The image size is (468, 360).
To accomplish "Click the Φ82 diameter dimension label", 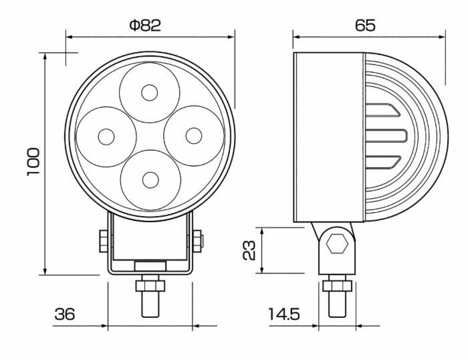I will (x=145, y=25).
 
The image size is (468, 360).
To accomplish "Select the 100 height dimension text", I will (x=34, y=162).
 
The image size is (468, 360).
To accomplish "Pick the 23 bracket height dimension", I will (x=249, y=250).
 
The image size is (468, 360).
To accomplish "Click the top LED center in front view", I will (x=148, y=92).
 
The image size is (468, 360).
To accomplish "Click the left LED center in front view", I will (x=106, y=137).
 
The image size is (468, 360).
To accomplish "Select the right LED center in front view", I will (x=193, y=136).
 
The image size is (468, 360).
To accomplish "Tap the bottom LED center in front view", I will (x=150, y=180).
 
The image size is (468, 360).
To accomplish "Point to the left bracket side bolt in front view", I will (x=103, y=241).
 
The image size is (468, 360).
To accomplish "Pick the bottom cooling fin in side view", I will (x=383, y=161).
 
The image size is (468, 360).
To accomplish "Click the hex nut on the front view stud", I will (x=150, y=286).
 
